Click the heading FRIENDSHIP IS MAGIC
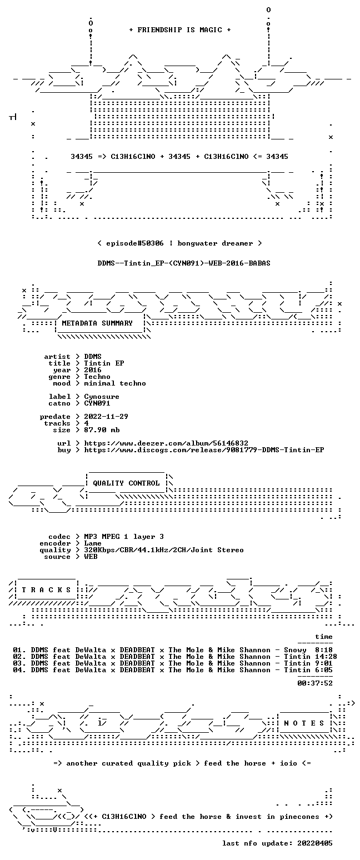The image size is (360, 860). coord(179,30)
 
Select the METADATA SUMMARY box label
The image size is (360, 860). coord(97,323)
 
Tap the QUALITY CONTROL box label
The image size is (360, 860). coord(126,483)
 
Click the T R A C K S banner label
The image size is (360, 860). coord(46,589)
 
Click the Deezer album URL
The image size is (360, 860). coord(166,443)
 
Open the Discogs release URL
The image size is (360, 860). coord(204,450)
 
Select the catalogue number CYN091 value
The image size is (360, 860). coord(97,403)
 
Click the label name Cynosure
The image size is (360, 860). coord(102,397)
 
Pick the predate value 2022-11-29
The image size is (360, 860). coord(106,417)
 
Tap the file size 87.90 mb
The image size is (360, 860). coord(102,430)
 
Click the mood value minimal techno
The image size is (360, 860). coord(115,383)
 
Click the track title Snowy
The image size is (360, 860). coord(295,650)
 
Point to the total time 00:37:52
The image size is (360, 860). coord(314,683)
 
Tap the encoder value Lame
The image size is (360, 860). coord(93,544)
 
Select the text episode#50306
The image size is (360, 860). coord(134,243)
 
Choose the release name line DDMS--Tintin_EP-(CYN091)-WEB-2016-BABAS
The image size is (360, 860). coord(184,263)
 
